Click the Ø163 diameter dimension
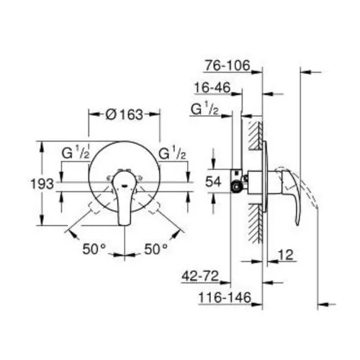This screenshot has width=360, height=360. tap(124, 114)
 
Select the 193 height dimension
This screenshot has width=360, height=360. tap(42, 184)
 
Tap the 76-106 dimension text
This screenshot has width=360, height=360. tap(227, 66)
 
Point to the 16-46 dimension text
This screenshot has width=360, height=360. tap(212, 88)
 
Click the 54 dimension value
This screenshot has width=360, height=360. tap(213, 181)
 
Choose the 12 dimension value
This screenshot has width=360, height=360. tap(286, 255)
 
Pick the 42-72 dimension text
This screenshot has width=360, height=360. tap(200, 276)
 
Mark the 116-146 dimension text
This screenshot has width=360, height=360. tap(225, 297)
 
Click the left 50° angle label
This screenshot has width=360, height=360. tap(94, 249)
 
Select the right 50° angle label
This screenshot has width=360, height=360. tap(156, 249)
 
